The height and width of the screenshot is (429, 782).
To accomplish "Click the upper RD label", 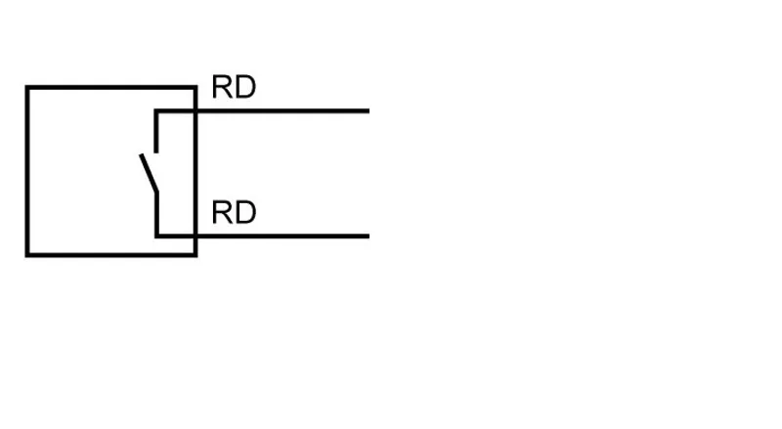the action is pos(234,87).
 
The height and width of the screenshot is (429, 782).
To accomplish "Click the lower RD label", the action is pos(234,212).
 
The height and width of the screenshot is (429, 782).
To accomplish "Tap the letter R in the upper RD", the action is pos(222,87).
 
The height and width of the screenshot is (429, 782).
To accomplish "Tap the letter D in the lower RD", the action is pos(245,212).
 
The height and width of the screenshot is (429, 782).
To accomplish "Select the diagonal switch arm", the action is pos(150,173).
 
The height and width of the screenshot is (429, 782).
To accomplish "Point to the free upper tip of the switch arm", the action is pos(141,155).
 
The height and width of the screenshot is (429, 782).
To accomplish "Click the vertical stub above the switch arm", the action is pos(156,132).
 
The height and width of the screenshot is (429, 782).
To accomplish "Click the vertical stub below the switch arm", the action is pos(156,214).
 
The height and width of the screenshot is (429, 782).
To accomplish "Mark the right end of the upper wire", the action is pos(369,110).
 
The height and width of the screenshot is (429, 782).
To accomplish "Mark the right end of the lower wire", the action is pos(369,236).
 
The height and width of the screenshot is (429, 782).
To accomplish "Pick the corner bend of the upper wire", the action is pos(156,110).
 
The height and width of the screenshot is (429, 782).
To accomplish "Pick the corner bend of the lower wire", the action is pos(156,236).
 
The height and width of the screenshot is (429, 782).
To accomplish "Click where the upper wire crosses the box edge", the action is pos(195,110).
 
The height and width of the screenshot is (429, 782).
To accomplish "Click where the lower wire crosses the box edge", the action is pos(195,236).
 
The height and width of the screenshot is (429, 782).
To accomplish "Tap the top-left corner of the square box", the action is pos(27,88).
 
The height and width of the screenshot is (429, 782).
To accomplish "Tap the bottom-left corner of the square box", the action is pos(27,255).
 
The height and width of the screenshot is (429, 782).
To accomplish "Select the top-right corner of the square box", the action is pos(195,88).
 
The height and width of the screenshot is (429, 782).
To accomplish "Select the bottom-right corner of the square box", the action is pos(195,255).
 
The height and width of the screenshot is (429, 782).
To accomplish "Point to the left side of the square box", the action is pos(27,171).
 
